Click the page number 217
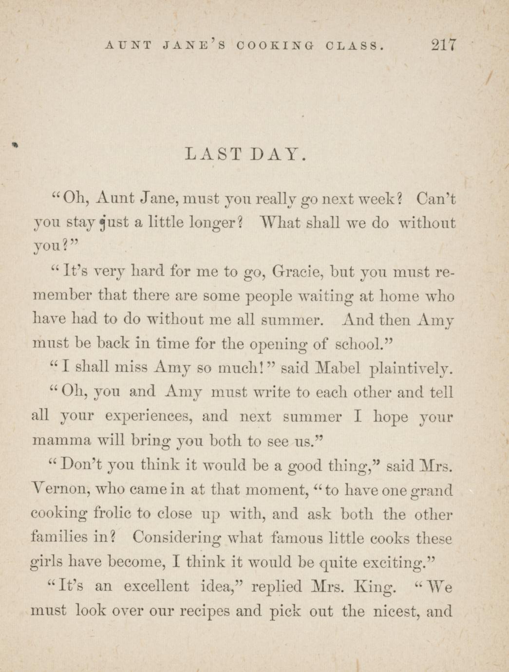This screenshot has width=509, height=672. point(443,45)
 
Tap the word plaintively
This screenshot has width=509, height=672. point(419,368)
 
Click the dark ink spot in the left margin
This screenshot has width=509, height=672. point(15,144)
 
